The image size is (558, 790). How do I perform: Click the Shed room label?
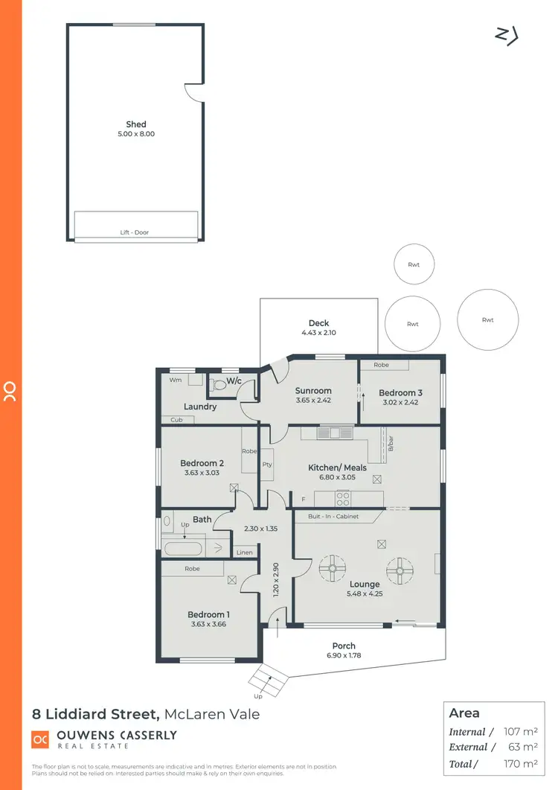click(136, 124)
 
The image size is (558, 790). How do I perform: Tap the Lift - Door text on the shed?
click(135, 232)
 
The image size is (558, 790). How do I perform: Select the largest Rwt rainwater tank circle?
click(487, 319)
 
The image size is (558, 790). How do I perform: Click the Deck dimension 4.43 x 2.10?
click(318, 333)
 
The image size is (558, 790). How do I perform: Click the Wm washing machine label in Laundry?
click(175, 380)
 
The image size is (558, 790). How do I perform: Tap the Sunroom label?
click(312, 390)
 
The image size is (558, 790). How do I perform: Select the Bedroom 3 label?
click(400, 393)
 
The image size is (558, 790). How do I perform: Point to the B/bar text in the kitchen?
click(390, 445)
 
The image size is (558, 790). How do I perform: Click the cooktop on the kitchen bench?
click(344, 498)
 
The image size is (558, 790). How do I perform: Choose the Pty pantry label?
click(266, 465)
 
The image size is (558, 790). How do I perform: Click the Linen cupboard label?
click(244, 552)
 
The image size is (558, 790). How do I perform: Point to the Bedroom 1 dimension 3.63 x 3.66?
click(208, 624)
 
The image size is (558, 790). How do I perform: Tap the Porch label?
click(344, 646)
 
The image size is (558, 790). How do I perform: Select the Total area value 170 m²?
click(518, 764)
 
